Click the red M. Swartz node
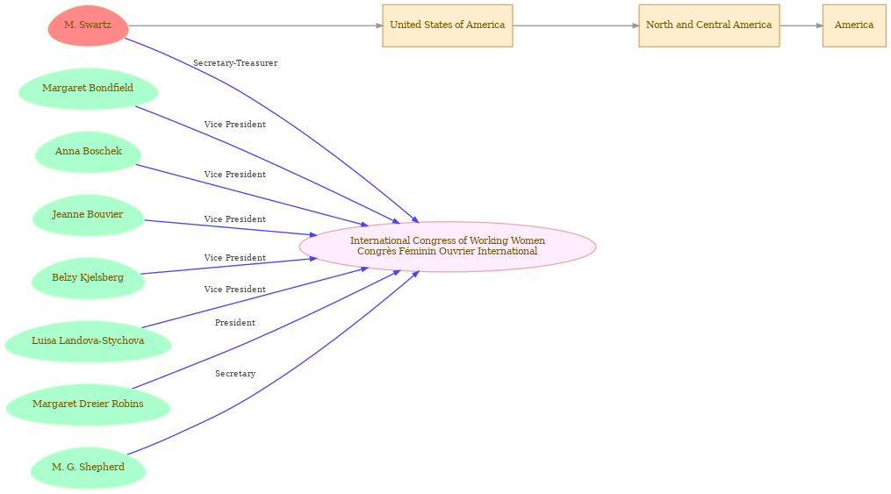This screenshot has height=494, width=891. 88,25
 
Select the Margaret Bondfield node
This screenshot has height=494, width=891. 88,89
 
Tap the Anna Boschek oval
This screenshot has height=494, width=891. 88,152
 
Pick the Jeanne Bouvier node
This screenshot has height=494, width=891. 88,215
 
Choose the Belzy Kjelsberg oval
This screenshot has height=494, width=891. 88,277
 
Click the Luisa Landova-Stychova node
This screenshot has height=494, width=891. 88,340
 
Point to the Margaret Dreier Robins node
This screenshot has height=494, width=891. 88,404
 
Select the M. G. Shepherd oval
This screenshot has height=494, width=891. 88,468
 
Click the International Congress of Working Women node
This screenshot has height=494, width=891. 447,247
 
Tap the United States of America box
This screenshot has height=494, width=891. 447,25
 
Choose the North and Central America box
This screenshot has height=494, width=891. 708,25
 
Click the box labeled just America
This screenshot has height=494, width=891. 854,25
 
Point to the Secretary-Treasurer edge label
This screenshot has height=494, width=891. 235,63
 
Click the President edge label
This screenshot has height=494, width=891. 235,323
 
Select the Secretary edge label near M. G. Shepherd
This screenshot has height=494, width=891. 235,374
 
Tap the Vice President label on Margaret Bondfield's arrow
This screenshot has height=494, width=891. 235,125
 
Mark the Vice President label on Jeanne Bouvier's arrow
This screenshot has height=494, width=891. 235,219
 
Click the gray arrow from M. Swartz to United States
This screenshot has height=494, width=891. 255,25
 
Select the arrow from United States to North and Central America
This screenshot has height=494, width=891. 576,25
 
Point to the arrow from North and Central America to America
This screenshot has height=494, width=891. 801,25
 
